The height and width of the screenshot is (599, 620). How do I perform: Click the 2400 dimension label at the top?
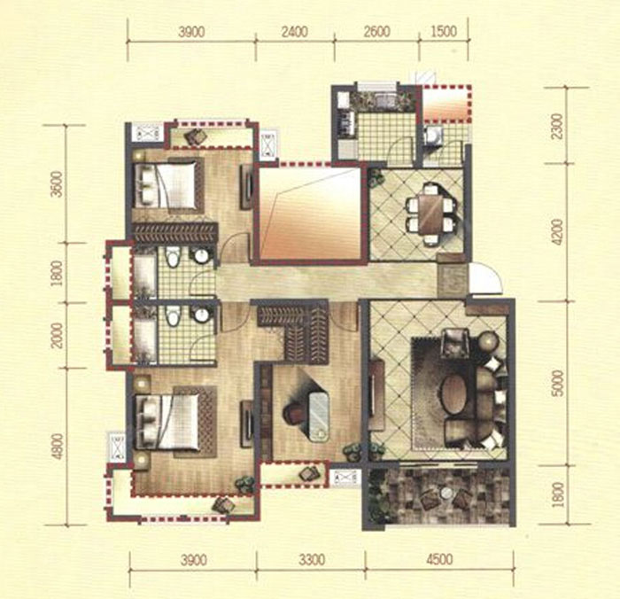(295, 32)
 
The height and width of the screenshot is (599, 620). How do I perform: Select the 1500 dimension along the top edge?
(443, 32)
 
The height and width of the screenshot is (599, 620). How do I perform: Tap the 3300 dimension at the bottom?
(312, 560)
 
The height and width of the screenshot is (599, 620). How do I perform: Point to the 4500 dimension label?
(439, 560)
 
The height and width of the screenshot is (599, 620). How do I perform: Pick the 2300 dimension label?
(556, 126)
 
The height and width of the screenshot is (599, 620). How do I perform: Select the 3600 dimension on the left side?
(58, 183)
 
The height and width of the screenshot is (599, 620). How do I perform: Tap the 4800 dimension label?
(58, 447)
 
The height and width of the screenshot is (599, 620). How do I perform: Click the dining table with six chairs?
(430, 214)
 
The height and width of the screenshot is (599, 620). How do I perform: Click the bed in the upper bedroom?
(167, 185)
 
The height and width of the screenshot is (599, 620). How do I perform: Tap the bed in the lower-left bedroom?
(167, 422)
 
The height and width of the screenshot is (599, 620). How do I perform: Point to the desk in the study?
(319, 416)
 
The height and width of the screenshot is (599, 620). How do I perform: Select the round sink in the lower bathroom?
(201, 315)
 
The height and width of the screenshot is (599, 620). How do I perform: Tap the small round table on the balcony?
(446, 493)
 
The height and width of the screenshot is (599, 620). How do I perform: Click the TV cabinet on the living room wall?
(376, 395)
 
